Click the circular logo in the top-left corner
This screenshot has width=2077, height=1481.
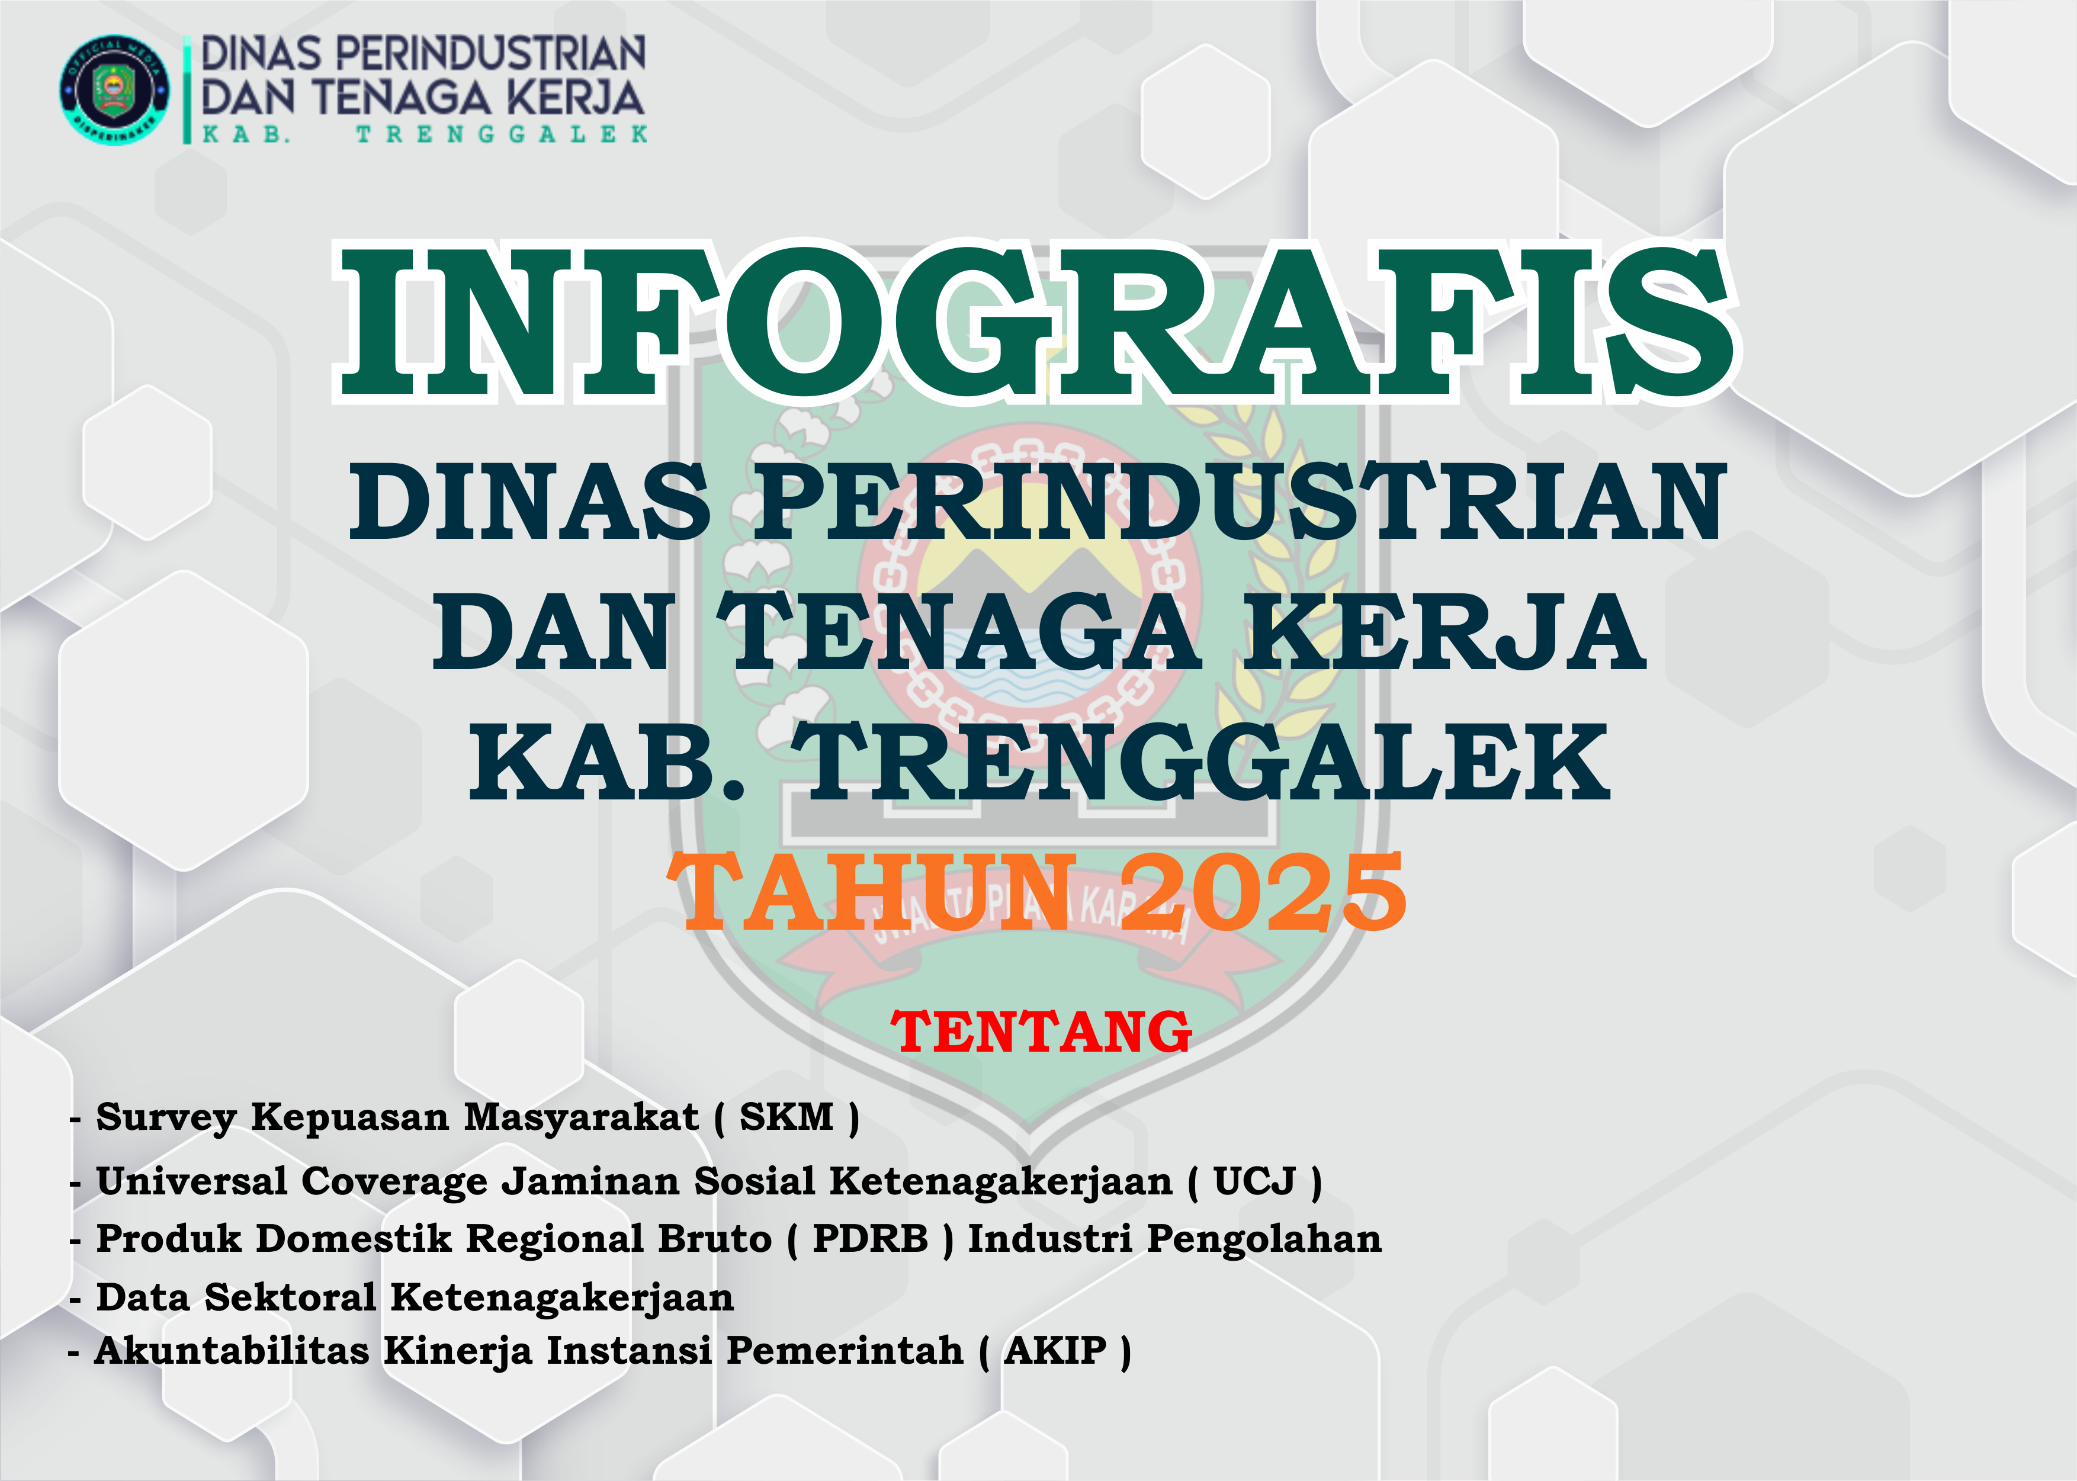point(114,89)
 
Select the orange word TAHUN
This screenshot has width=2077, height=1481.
point(872,893)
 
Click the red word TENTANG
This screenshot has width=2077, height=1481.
point(1041,1032)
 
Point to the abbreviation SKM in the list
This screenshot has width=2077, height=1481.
point(787,1117)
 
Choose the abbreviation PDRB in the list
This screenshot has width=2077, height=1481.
point(870,1238)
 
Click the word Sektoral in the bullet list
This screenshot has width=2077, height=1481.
point(290,1297)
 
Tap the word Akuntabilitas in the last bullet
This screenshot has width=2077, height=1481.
point(232,1351)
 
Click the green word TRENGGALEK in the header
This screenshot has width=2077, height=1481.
point(502,134)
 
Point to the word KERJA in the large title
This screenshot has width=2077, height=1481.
point(1446,632)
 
